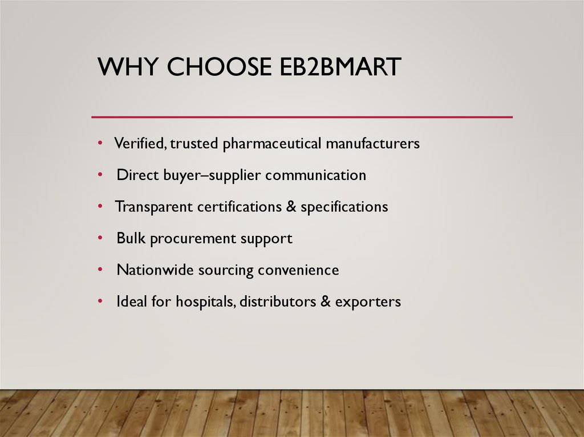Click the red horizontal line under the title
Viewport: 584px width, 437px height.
[x=302, y=117]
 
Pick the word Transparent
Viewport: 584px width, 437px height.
[x=153, y=207]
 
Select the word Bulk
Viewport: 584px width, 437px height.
[x=131, y=238]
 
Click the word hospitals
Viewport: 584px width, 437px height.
[x=205, y=301]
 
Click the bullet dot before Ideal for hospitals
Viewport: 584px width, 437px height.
[x=100, y=300]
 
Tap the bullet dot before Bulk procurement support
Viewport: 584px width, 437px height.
[x=100, y=237]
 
